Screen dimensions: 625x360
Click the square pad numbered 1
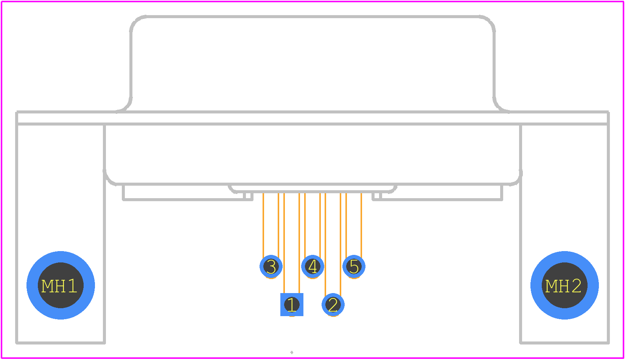pyautogui.click(x=292, y=304)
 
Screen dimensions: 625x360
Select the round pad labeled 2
pyautogui.click(x=333, y=304)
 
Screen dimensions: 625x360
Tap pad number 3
pyautogui.click(x=271, y=266)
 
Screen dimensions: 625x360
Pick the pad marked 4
pyautogui.click(x=312, y=266)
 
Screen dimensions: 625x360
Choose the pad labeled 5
pyautogui.click(x=354, y=266)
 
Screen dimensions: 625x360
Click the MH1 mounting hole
pyautogui.click(x=61, y=285)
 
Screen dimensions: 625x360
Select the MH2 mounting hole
pyautogui.click(x=564, y=285)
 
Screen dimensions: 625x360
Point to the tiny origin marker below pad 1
pyautogui.click(x=292, y=352)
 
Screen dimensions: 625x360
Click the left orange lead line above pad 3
pyautogui.click(x=263, y=225)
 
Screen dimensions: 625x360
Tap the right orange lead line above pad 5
pyautogui.click(x=361, y=225)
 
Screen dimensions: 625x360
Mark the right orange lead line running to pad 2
pyautogui.click(x=340, y=245)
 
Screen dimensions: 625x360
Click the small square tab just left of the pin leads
pyautogui.click(x=248, y=196)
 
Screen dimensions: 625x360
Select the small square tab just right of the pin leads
pyautogui.click(x=377, y=196)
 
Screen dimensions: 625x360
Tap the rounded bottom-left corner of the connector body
pyautogui.click(x=109, y=180)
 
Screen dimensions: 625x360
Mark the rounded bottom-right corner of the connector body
pyautogui.click(x=516, y=180)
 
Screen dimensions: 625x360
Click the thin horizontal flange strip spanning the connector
pyautogui.click(x=312, y=118)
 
